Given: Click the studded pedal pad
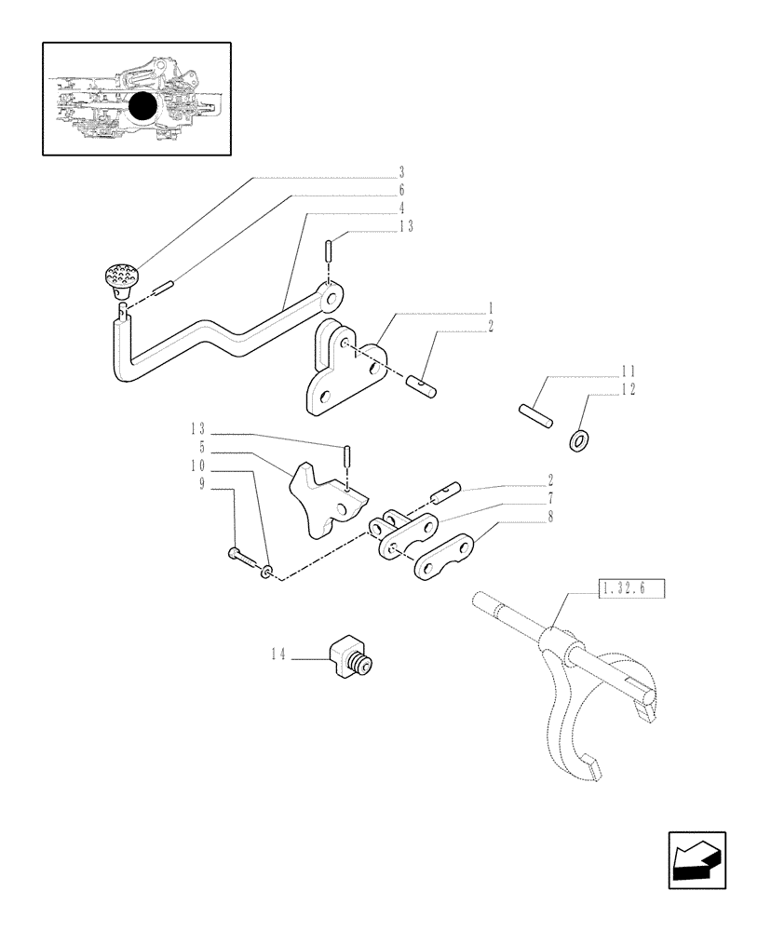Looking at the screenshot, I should click(118, 276).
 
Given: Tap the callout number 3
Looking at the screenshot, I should click(401, 172).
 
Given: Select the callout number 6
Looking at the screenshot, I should click(401, 190).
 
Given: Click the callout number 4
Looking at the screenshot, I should click(401, 208).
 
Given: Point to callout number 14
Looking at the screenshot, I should click(277, 655).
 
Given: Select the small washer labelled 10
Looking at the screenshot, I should click(268, 570).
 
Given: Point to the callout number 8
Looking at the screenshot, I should click(552, 517).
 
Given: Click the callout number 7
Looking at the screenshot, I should click(552, 499).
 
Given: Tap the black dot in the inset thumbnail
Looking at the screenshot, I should click(143, 109).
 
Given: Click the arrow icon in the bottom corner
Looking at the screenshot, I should click(696, 860).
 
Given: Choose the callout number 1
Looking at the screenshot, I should click(491, 308).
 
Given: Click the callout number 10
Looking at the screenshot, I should click(198, 465).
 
